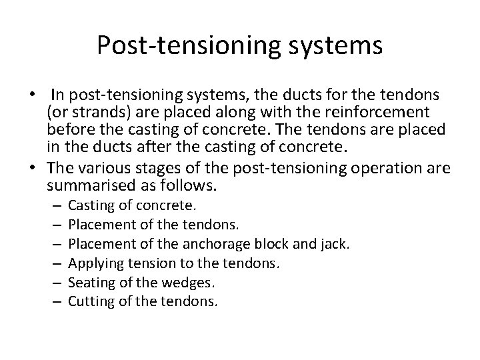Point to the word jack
point(335,244)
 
